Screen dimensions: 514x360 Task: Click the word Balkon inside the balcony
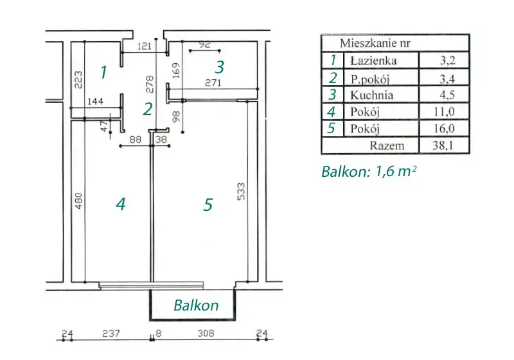point(196,305)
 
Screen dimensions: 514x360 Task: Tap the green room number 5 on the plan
point(208,205)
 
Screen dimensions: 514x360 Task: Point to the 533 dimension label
point(241,192)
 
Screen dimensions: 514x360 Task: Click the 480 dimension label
point(78,201)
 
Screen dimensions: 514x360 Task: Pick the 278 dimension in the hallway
point(150,84)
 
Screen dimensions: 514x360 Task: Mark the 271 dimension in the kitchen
point(213,83)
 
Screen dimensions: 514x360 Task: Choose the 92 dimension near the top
point(204,44)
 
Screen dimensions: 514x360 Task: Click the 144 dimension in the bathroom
point(95,102)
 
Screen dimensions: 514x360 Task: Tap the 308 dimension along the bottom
point(206,334)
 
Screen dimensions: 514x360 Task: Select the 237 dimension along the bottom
point(111,334)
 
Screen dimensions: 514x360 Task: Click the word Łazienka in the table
point(373,60)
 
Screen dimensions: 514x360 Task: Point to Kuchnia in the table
point(371,95)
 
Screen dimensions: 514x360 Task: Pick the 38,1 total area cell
point(443,145)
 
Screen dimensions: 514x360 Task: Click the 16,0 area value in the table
point(444,128)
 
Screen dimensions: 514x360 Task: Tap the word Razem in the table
point(387,145)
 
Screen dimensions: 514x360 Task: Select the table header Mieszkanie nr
point(375,43)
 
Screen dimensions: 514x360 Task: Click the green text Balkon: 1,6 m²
point(369,172)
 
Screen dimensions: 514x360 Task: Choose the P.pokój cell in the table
point(370,79)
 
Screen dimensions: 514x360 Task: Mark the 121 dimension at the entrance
point(144,46)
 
